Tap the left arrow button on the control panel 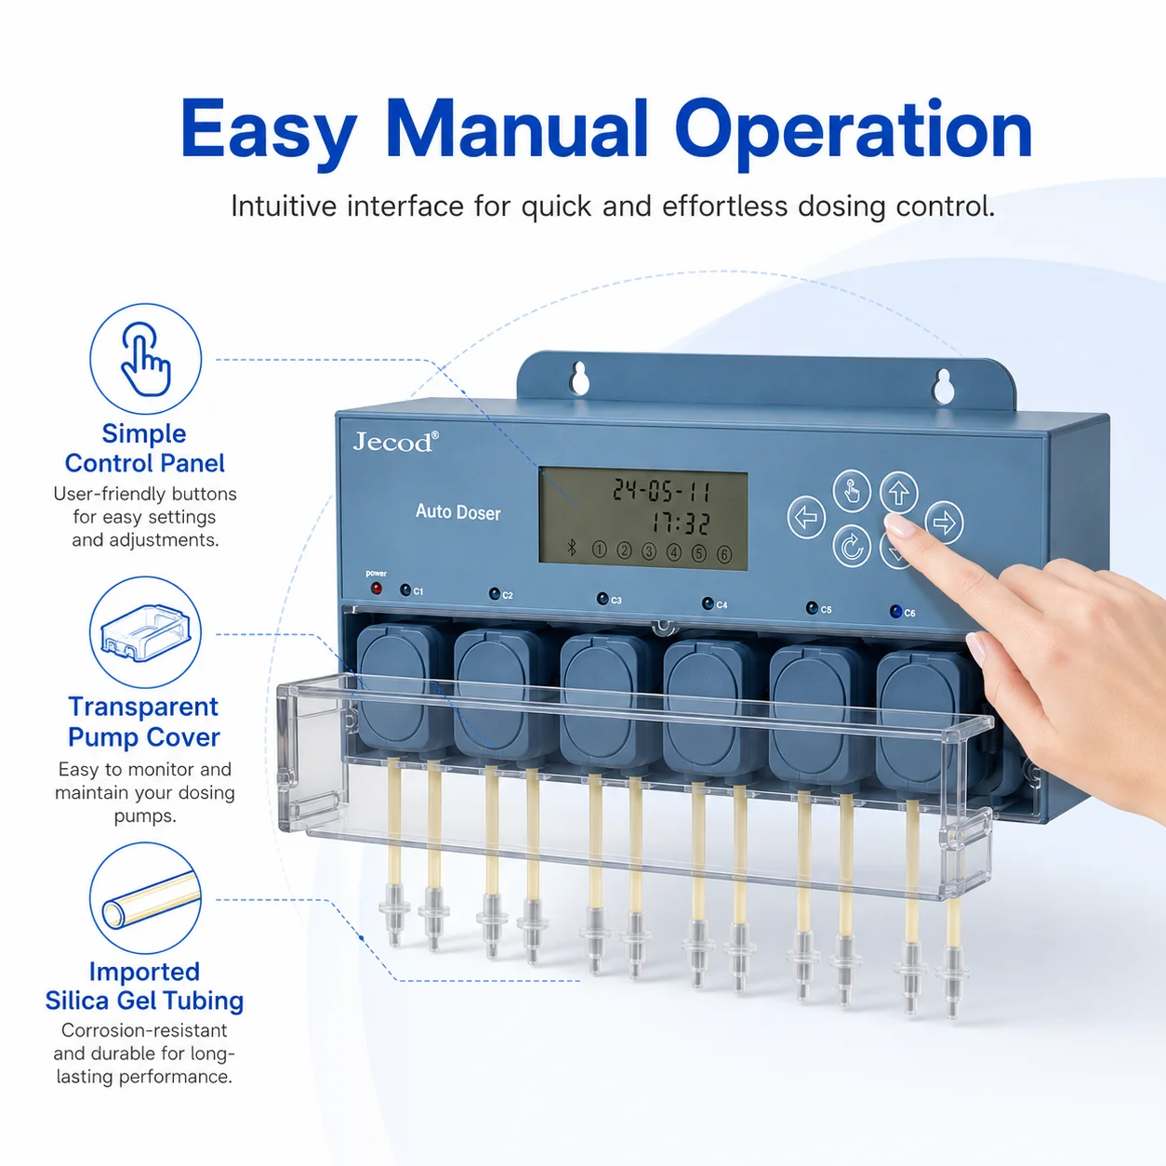point(806,517)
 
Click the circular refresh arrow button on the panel point(852,546)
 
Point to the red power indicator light point(377,589)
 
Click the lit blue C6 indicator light point(895,611)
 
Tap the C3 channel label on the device point(616,601)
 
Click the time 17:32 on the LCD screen point(680,523)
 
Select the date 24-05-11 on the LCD point(661,489)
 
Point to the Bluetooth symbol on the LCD point(571,548)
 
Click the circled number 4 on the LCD point(673,551)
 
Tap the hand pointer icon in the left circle point(146,359)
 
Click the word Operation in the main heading point(854,133)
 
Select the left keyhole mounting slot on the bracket point(579,378)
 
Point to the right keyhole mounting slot point(943,386)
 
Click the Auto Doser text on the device point(458,512)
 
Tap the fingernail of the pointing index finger point(899,524)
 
